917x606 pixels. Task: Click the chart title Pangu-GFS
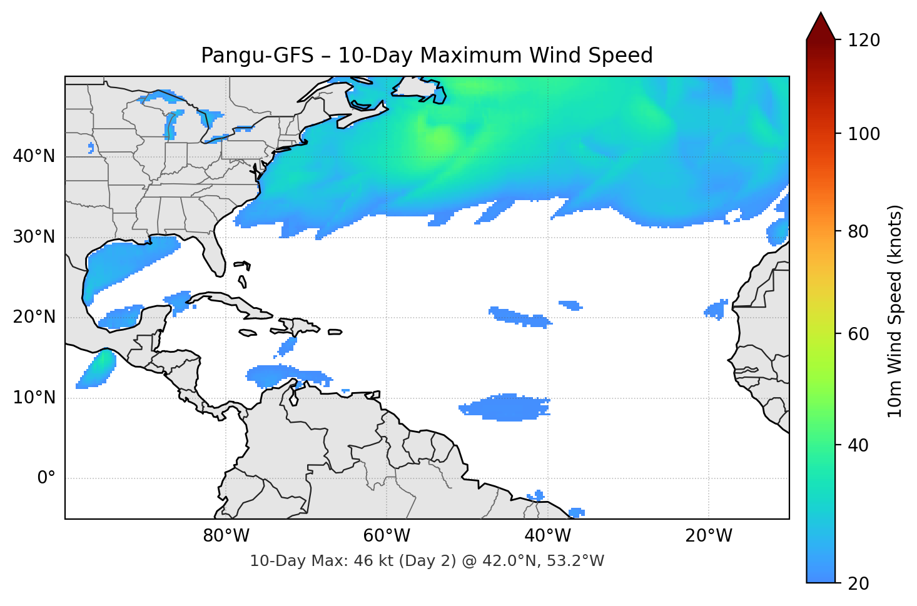(x=427, y=56)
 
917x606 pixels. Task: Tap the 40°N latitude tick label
(x=34, y=156)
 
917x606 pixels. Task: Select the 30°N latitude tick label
(x=34, y=237)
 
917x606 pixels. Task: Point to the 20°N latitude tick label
(x=34, y=317)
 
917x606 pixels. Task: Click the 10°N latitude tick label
(x=34, y=398)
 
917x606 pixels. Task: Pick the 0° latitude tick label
(x=46, y=478)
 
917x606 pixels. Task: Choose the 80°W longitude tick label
(x=226, y=536)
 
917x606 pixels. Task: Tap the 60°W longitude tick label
(x=387, y=536)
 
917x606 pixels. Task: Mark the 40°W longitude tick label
(x=547, y=536)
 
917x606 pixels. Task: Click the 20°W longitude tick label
(x=708, y=536)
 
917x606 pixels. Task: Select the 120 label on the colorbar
(x=864, y=40)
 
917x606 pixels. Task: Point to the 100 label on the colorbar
(x=864, y=134)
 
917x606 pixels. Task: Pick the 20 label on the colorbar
(x=858, y=583)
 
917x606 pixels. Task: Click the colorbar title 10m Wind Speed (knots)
(x=895, y=311)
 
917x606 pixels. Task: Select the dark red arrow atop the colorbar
(x=821, y=27)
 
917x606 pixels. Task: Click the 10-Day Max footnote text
(x=427, y=561)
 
